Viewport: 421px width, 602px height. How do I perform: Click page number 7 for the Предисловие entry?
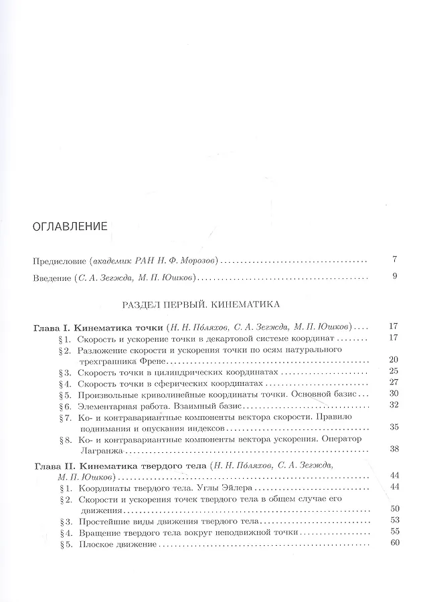pos(396,259)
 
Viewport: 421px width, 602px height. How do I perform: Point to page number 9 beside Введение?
pos(396,276)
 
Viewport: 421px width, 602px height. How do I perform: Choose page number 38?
pos(393,450)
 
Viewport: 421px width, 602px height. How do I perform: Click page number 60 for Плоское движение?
pos(393,542)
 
